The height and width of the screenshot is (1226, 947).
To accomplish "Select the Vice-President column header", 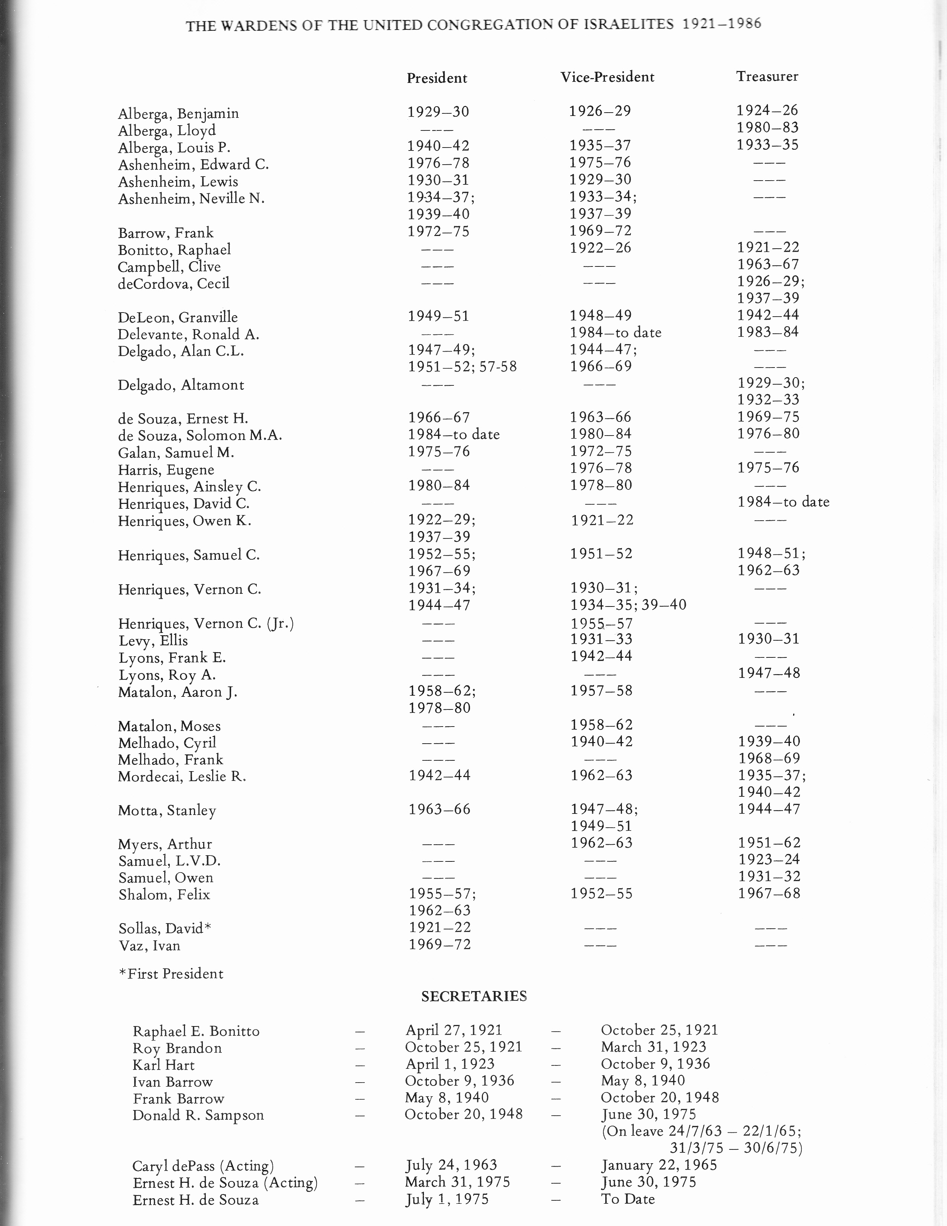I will (607, 77).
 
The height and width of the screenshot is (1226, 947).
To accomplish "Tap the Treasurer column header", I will (767, 76).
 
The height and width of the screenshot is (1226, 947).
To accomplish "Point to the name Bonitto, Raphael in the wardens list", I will (174, 250).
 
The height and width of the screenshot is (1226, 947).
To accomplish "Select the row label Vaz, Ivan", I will (149, 946).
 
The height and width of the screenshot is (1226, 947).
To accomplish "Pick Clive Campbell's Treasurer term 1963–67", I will (768, 264).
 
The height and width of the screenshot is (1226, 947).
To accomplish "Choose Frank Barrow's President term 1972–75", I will (438, 231).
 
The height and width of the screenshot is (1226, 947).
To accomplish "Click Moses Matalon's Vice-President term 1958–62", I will (601, 725).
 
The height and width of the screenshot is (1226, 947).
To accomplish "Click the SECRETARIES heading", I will (474, 996).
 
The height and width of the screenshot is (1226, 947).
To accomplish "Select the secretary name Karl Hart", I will (163, 1065).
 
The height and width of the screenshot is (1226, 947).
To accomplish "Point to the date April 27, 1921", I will (454, 1030).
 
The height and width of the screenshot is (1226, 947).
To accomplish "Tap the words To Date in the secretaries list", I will (627, 1199).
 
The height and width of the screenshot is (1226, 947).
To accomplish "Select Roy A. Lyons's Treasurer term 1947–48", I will (769, 673).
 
